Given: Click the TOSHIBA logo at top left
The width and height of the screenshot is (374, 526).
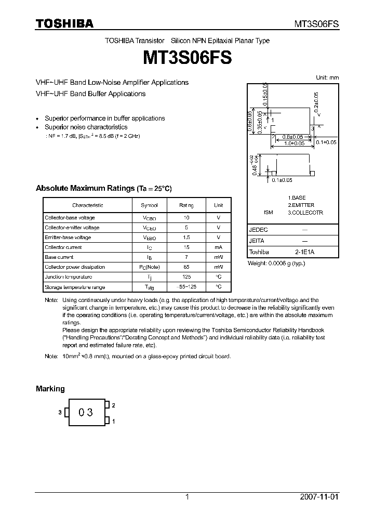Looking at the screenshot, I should pyautogui.click(x=64, y=23).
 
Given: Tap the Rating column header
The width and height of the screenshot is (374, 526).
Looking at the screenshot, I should pyautogui.click(x=186, y=205).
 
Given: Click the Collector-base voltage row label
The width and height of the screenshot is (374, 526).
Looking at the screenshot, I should pyautogui.click(x=70, y=218).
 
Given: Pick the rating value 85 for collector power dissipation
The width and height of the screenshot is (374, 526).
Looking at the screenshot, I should pyautogui.click(x=186, y=267).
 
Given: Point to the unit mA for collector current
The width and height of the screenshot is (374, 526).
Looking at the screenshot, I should pyautogui.click(x=219, y=247).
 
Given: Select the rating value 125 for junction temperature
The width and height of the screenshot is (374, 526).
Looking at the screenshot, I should pyautogui.click(x=186, y=277).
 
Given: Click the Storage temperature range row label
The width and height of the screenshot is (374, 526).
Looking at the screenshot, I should pyautogui.click(x=75, y=287).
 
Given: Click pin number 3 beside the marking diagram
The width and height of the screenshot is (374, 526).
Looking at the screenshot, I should pyautogui.click(x=60, y=412).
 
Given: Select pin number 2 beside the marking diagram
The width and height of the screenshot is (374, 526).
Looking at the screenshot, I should pyautogui.click(x=113, y=405).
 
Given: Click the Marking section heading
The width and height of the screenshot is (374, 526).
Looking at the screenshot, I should pyautogui.click(x=50, y=389).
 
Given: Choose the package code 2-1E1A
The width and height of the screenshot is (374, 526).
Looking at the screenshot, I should pyautogui.click(x=305, y=252).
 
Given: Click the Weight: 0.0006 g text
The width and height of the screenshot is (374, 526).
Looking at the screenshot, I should pyautogui.click(x=276, y=263).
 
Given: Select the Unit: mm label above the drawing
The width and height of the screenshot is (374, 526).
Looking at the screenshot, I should pyautogui.click(x=327, y=77).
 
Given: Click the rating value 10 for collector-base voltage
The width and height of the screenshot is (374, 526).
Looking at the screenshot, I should pyautogui.click(x=186, y=218).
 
